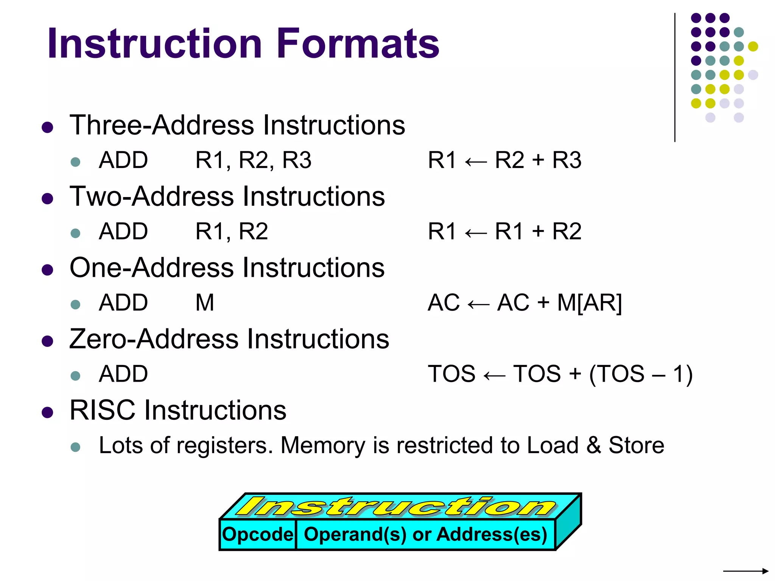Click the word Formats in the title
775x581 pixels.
358,43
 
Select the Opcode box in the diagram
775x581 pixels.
257,534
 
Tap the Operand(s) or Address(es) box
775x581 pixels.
425,534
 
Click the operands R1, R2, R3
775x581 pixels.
253,160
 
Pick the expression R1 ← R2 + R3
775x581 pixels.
504,160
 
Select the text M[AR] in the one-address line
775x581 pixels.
589,303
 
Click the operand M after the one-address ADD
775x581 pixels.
205,303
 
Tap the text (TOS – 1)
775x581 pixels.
641,374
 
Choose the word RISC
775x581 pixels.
103,410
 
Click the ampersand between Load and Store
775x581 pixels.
593,445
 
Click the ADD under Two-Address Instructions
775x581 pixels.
123,231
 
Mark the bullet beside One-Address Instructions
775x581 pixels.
47,270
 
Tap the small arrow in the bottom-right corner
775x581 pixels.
745,571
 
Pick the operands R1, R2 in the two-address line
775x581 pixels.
232,231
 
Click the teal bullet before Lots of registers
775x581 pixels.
76,447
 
